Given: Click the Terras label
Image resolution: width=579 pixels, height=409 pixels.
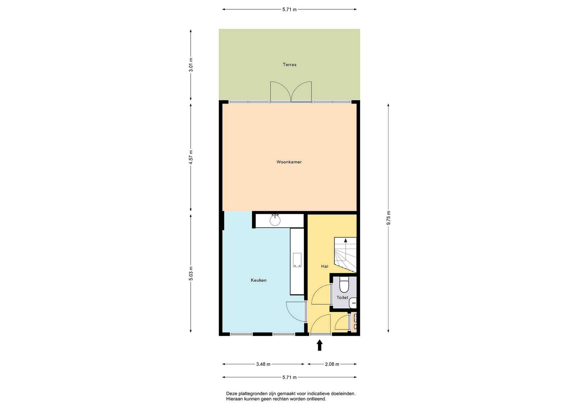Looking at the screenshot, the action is coord(289,65).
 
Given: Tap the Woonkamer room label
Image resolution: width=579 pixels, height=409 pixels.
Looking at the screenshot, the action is coord(289,162).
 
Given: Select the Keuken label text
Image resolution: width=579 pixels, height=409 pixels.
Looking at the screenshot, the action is coord(259,280).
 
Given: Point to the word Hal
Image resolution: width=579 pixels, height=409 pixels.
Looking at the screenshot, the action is coord(324,266).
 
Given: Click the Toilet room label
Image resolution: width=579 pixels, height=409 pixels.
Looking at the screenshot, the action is coord(342,297).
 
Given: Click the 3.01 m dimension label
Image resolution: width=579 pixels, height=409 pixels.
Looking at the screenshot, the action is coord(191,65).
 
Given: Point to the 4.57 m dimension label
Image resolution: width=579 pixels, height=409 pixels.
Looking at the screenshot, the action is coord(191,157).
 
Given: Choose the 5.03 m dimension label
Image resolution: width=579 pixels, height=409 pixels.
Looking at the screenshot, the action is coord(191,273).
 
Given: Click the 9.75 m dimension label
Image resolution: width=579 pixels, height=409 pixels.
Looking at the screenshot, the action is coord(388,218).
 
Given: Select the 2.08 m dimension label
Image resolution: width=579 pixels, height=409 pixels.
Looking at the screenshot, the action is coord(332,364).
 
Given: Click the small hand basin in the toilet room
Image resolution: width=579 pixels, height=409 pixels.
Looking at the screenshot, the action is coord(353,303).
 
